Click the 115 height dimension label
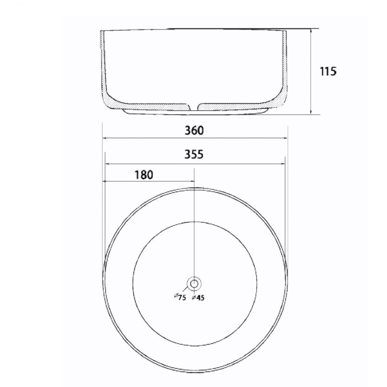click(x=328, y=71)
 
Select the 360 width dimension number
click(x=194, y=130)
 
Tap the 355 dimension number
click(x=194, y=154)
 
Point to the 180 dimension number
click(x=144, y=175)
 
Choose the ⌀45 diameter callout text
click(x=198, y=298)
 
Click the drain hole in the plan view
click(x=194, y=284)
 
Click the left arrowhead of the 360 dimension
click(x=104, y=138)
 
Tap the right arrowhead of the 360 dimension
click(x=286, y=138)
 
